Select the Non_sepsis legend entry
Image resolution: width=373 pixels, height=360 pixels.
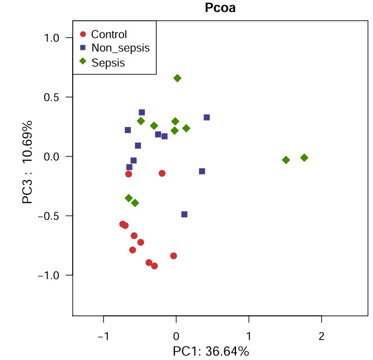coord(120,48)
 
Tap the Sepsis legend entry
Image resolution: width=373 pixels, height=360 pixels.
coord(108,63)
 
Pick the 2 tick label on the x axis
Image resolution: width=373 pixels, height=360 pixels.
coord(321,337)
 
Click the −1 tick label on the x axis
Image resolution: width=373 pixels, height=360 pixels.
coord(102,337)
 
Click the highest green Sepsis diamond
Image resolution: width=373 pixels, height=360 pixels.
coord(177,78)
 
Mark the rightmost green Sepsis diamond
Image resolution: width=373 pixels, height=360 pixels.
coord(304,158)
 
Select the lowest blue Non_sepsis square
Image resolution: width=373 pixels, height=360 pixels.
coord(185,214)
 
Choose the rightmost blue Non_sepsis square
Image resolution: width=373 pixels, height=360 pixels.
coord(206,117)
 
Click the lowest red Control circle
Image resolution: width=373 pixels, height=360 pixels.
coord(154,266)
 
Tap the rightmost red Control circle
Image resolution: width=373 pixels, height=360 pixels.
coord(173,255)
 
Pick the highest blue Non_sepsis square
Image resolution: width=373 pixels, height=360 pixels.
coord(141,112)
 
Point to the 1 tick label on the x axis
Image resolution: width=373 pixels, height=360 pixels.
coord(249,337)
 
